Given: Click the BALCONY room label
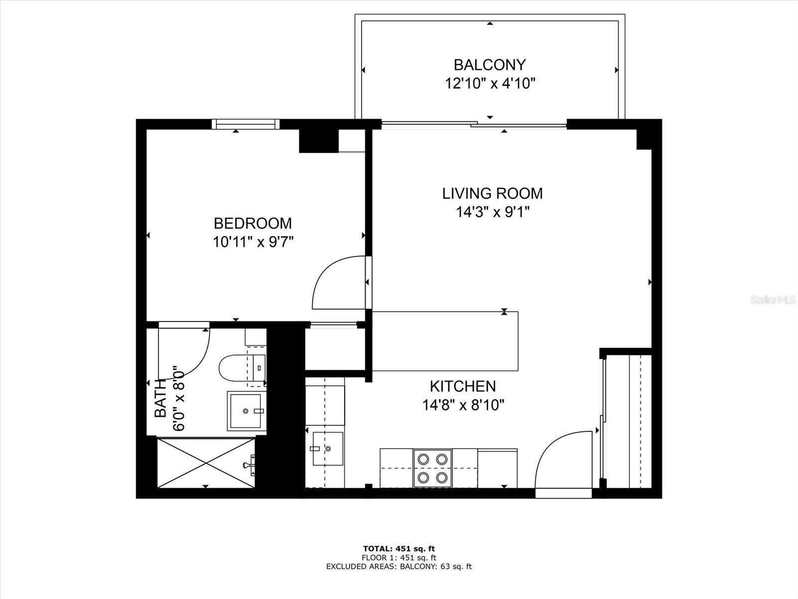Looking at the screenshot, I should (489, 65).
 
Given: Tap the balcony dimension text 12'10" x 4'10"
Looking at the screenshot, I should (489, 83).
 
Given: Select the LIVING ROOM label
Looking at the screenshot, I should (492, 193).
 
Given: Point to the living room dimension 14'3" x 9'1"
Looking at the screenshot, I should (492, 212).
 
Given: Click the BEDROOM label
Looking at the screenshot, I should (252, 223).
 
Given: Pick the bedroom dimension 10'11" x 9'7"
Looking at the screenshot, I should (252, 242).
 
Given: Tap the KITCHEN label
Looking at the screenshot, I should (462, 386).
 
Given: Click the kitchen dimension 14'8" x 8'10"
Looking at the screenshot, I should (463, 405).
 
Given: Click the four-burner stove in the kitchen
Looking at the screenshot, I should (432, 468).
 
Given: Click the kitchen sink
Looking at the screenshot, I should (324, 448).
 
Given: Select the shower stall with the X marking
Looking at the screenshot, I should (206, 463).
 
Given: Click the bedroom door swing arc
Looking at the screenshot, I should (335, 283).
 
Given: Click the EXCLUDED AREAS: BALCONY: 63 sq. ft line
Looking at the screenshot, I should (399, 566).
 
